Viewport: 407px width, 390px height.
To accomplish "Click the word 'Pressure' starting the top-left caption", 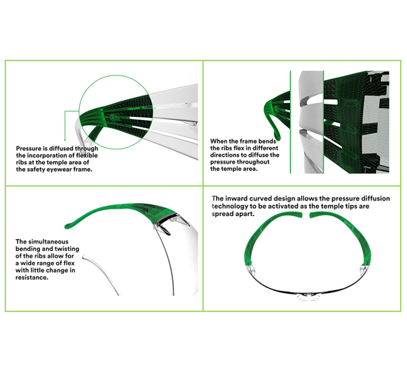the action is [29, 149].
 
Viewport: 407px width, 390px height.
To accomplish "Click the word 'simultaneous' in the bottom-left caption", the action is [48, 242].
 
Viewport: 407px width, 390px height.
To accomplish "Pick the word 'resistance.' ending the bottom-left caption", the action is [32, 278].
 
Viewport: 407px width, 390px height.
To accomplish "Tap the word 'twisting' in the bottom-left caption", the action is [67, 249].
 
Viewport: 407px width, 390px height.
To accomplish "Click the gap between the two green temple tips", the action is [306, 215].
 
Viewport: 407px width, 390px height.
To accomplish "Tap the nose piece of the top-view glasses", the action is [308, 296].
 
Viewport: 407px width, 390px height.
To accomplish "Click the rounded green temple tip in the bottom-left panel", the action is [68, 226].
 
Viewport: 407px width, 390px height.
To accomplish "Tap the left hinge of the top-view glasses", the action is [249, 271].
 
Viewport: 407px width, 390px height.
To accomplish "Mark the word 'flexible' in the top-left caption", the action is [87, 155].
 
